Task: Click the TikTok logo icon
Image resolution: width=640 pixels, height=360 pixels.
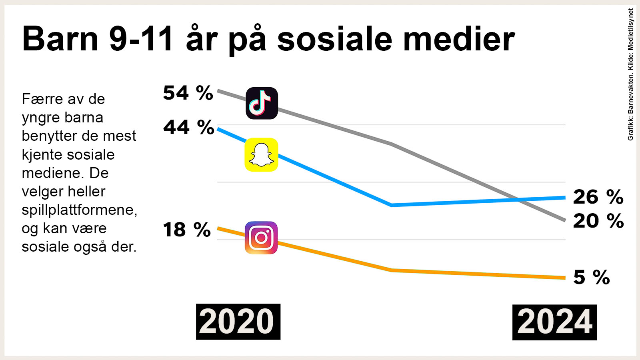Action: [262, 103]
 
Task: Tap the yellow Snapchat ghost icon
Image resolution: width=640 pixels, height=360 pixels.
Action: [261, 155]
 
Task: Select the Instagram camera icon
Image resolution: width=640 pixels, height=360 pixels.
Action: [261, 238]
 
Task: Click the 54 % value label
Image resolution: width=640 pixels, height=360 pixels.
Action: [188, 93]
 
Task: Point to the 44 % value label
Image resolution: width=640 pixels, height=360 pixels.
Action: [188, 128]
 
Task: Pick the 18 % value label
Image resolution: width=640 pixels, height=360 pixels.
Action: [186, 230]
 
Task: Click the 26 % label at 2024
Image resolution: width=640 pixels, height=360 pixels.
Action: [598, 197]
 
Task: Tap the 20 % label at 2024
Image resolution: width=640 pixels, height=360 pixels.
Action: [598, 221]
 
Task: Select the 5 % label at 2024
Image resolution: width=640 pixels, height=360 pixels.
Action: [591, 277]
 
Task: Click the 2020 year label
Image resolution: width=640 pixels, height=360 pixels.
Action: [238, 322]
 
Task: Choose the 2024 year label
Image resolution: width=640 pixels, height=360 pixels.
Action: [554, 322]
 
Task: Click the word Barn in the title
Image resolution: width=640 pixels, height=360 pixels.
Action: [60, 39]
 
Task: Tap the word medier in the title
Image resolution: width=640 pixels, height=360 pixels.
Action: [459, 39]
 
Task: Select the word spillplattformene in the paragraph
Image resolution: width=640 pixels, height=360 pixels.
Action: [79, 210]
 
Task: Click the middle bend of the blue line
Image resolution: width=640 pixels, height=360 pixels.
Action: [392, 205]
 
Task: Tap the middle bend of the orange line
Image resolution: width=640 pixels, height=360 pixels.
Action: [392, 270]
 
